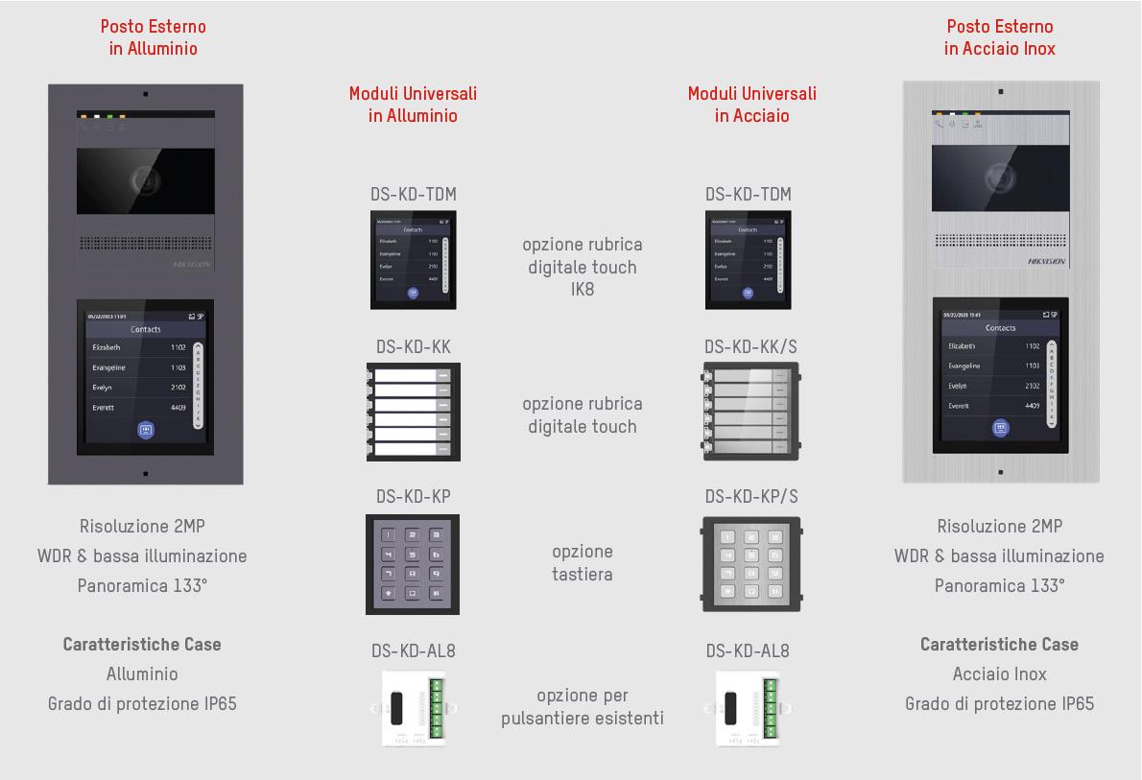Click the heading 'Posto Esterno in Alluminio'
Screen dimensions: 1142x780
154,37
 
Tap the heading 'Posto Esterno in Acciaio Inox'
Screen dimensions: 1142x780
999,37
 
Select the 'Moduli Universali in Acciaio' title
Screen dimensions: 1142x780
751,105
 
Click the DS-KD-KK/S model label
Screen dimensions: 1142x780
749,346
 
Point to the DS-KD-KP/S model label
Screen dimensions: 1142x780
750,496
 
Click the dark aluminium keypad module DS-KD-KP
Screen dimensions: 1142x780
413,564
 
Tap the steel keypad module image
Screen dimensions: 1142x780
750,565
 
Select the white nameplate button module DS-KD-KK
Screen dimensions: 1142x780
413,411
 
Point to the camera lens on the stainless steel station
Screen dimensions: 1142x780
998,176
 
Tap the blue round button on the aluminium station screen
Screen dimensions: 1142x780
146,430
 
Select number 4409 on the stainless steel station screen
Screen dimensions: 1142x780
1032,406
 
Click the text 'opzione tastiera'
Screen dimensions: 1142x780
583,563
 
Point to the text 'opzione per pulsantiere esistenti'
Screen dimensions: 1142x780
583,707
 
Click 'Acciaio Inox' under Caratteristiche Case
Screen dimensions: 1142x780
999,674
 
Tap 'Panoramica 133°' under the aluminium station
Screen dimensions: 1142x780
142,585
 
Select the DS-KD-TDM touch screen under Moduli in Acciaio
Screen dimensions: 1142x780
748,260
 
